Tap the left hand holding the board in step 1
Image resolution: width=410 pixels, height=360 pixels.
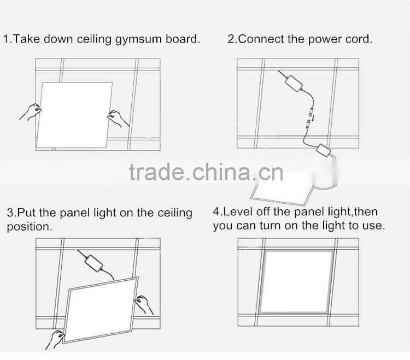coord(31,112)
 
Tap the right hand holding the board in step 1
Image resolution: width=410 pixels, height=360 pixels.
coord(118,117)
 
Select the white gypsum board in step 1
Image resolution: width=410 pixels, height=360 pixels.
coord(75,115)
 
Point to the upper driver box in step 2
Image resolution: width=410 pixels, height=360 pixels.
coord(294,84)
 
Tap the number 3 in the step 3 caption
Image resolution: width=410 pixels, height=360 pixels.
coord(10,213)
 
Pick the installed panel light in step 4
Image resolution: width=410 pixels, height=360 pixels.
coord(297,281)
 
